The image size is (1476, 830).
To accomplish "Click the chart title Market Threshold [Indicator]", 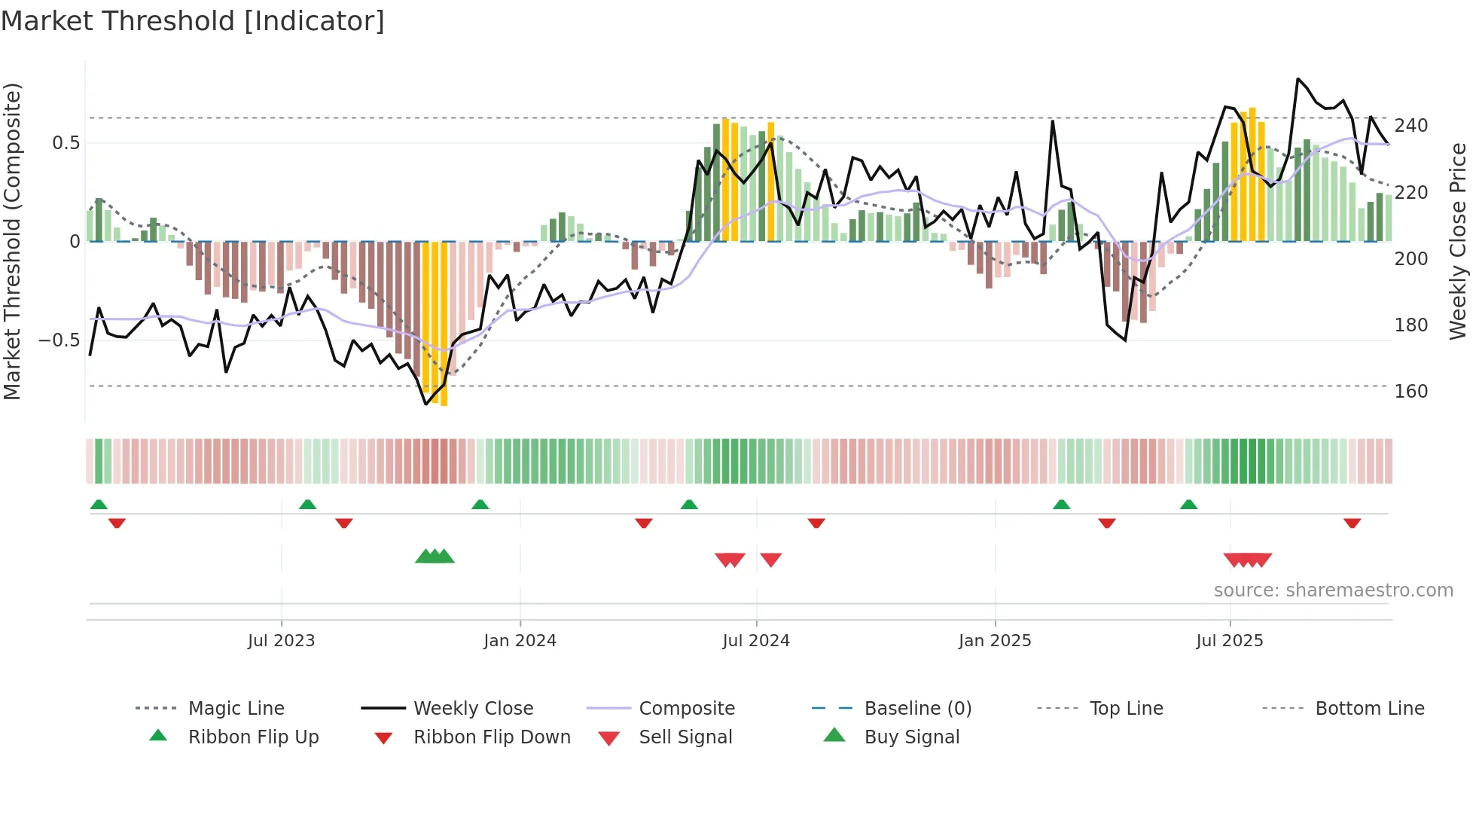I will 193,21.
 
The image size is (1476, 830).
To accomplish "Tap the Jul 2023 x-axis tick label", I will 281,641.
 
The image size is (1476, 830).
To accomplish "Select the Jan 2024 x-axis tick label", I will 520,641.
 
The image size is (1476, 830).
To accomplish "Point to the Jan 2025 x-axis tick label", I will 994,641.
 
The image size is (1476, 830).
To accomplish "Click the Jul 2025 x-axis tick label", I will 1229,641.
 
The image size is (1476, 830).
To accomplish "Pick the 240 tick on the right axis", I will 1410,126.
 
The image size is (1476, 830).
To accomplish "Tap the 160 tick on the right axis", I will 1410,392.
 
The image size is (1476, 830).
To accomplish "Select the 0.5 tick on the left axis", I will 66,143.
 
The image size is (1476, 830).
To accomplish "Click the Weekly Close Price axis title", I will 1458,241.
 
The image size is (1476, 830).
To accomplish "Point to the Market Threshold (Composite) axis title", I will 12,241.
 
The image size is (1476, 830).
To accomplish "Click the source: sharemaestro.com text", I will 1333,590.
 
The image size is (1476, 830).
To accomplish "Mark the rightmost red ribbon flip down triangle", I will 1352,523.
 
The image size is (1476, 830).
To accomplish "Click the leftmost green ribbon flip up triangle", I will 99,505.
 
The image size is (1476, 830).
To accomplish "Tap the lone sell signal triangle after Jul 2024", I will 770,560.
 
